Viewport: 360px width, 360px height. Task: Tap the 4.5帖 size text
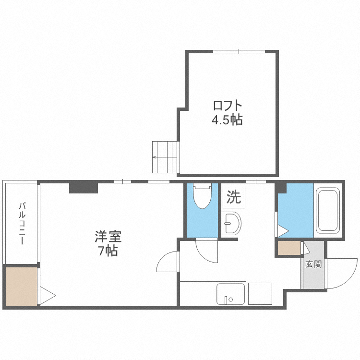click(x=228, y=120)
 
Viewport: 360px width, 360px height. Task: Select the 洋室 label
click(x=108, y=236)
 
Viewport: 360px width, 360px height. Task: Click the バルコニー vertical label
click(x=22, y=223)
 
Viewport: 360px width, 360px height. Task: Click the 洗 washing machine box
click(x=234, y=197)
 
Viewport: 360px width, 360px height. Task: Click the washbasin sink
click(x=233, y=223)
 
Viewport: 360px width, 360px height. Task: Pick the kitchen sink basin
click(x=231, y=293)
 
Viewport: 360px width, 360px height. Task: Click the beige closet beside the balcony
click(x=21, y=287)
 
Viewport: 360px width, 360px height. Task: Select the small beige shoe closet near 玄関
click(x=288, y=248)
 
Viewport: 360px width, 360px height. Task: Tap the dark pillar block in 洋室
click(x=84, y=187)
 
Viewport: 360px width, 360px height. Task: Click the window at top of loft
click(x=239, y=51)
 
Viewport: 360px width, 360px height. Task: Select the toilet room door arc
click(x=207, y=250)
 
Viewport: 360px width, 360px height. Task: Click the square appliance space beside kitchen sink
click(x=259, y=293)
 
